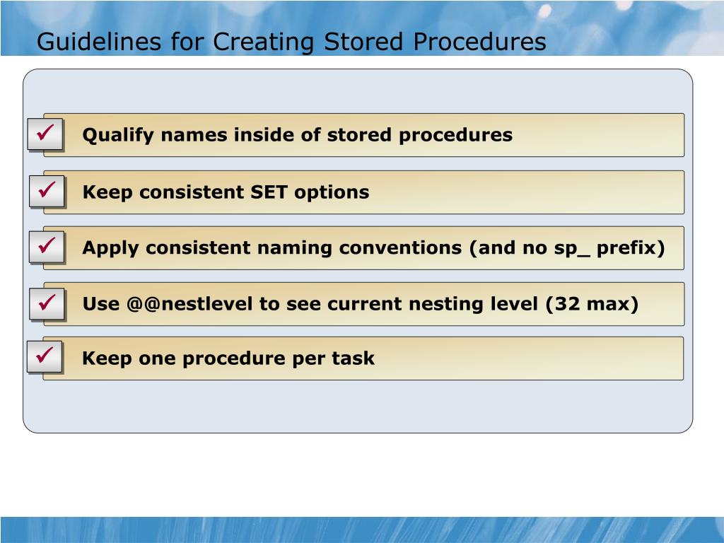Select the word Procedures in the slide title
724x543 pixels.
pyautogui.click(x=480, y=42)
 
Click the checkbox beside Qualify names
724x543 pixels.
pyautogui.click(x=46, y=134)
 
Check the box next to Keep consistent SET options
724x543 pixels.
pyautogui.click(x=47, y=191)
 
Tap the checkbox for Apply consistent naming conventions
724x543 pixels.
pyautogui.click(x=47, y=247)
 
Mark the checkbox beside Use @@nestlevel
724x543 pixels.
pyautogui.click(x=47, y=304)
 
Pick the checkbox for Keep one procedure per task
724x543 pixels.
pyautogui.click(x=45, y=358)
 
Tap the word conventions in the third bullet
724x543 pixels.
pyautogui.click(x=400, y=249)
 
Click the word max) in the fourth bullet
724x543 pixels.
pyautogui.click(x=612, y=305)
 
